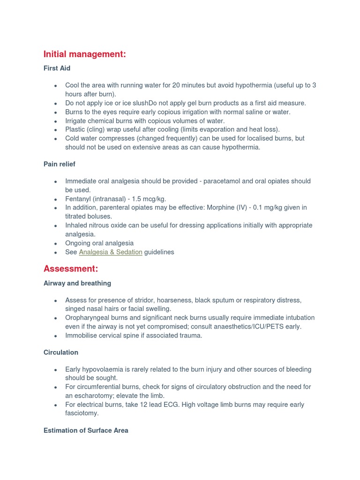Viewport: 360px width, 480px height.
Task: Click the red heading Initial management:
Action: [x=84, y=54]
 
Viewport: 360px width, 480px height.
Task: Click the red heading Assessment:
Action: [x=71, y=269]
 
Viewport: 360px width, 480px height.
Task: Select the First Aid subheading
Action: [x=57, y=68]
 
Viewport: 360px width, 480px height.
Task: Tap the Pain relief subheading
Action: [x=60, y=164]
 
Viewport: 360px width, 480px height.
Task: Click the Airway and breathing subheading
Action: [x=77, y=283]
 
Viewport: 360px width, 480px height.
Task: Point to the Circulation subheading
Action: [x=61, y=352]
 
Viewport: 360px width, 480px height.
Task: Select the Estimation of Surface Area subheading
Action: [x=86, y=430]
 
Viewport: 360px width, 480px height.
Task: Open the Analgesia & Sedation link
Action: [x=111, y=252]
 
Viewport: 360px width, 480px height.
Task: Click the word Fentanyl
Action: [x=78, y=199]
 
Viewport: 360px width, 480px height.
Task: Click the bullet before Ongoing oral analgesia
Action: [x=56, y=244]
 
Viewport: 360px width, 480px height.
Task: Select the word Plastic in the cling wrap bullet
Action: [x=75, y=130]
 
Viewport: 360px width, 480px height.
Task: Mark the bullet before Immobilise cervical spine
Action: [x=56, y=336]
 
